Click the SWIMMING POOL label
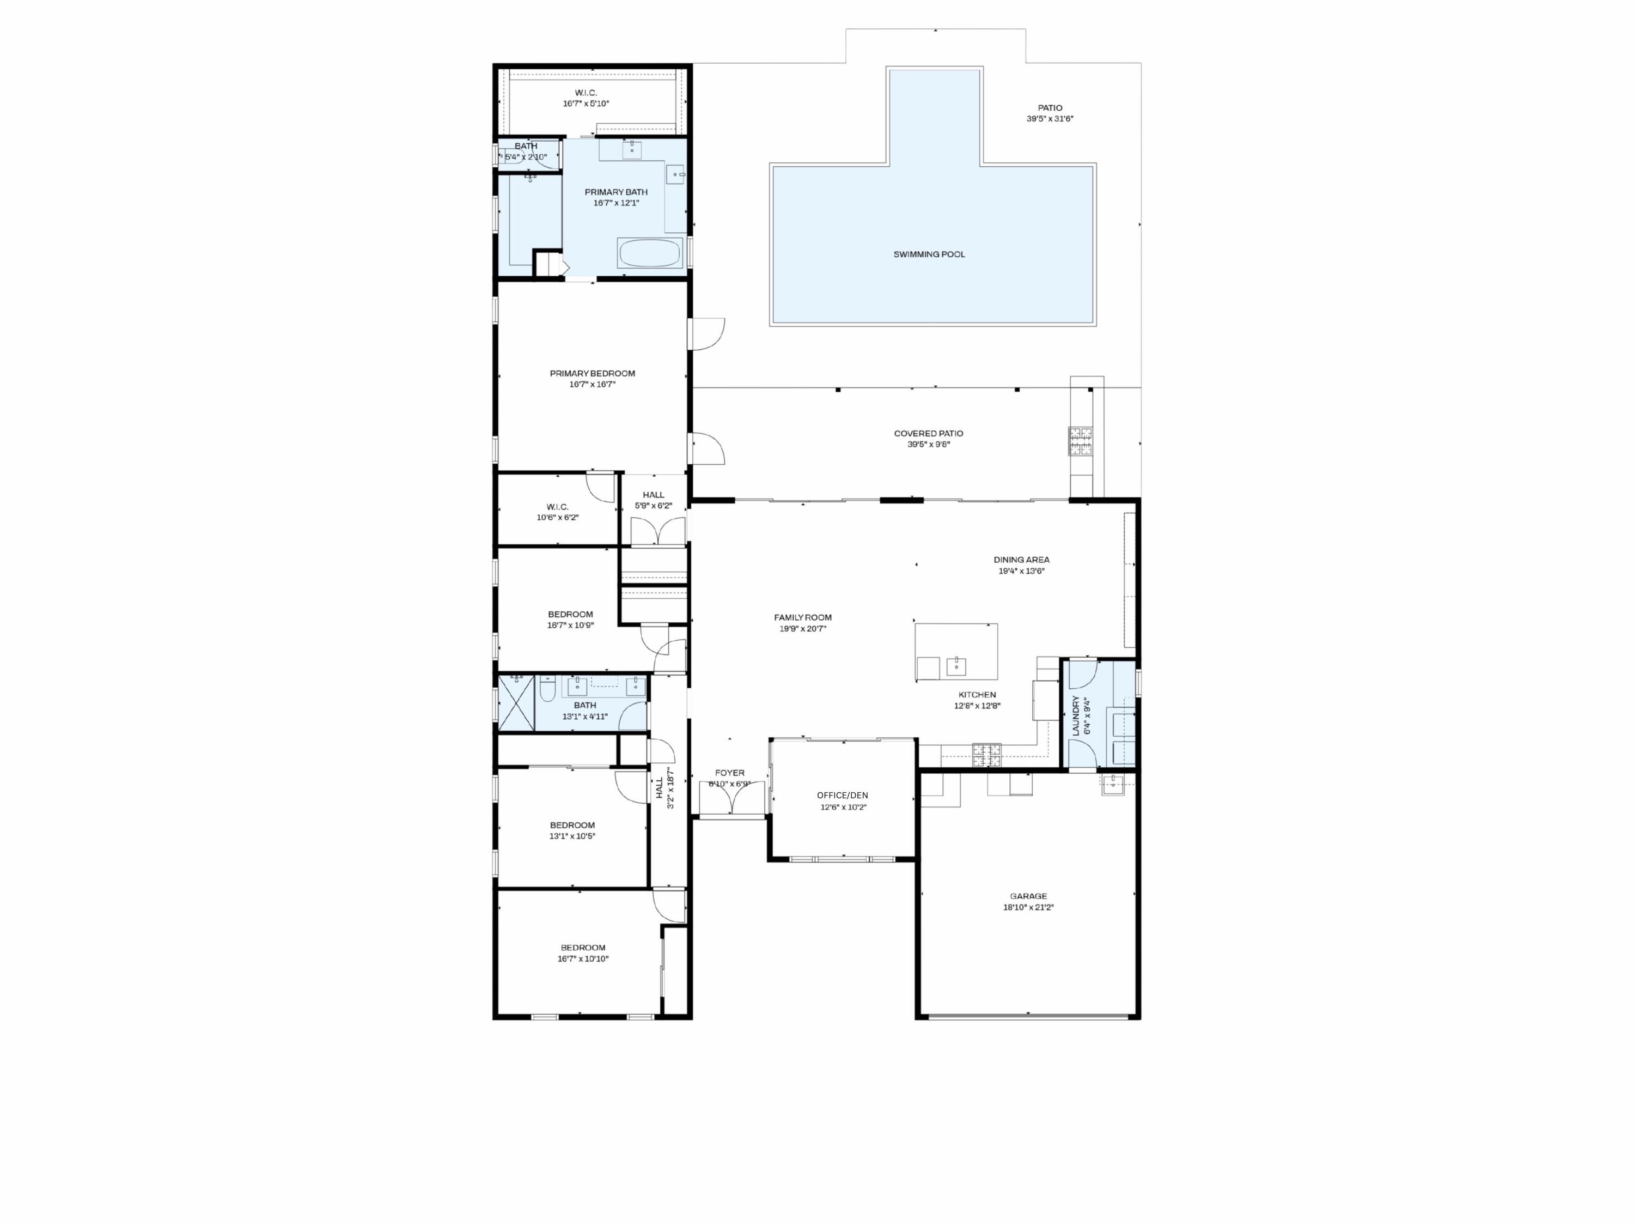[929, 254]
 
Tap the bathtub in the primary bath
[649, 253]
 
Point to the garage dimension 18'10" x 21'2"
[1028, 907]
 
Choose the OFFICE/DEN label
[842, 795]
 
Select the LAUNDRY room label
[1076, 715]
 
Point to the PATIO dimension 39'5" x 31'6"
[1049, 118]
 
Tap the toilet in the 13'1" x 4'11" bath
[547, 691]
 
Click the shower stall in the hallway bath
[516, 703]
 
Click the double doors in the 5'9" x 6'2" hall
[658, 532]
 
